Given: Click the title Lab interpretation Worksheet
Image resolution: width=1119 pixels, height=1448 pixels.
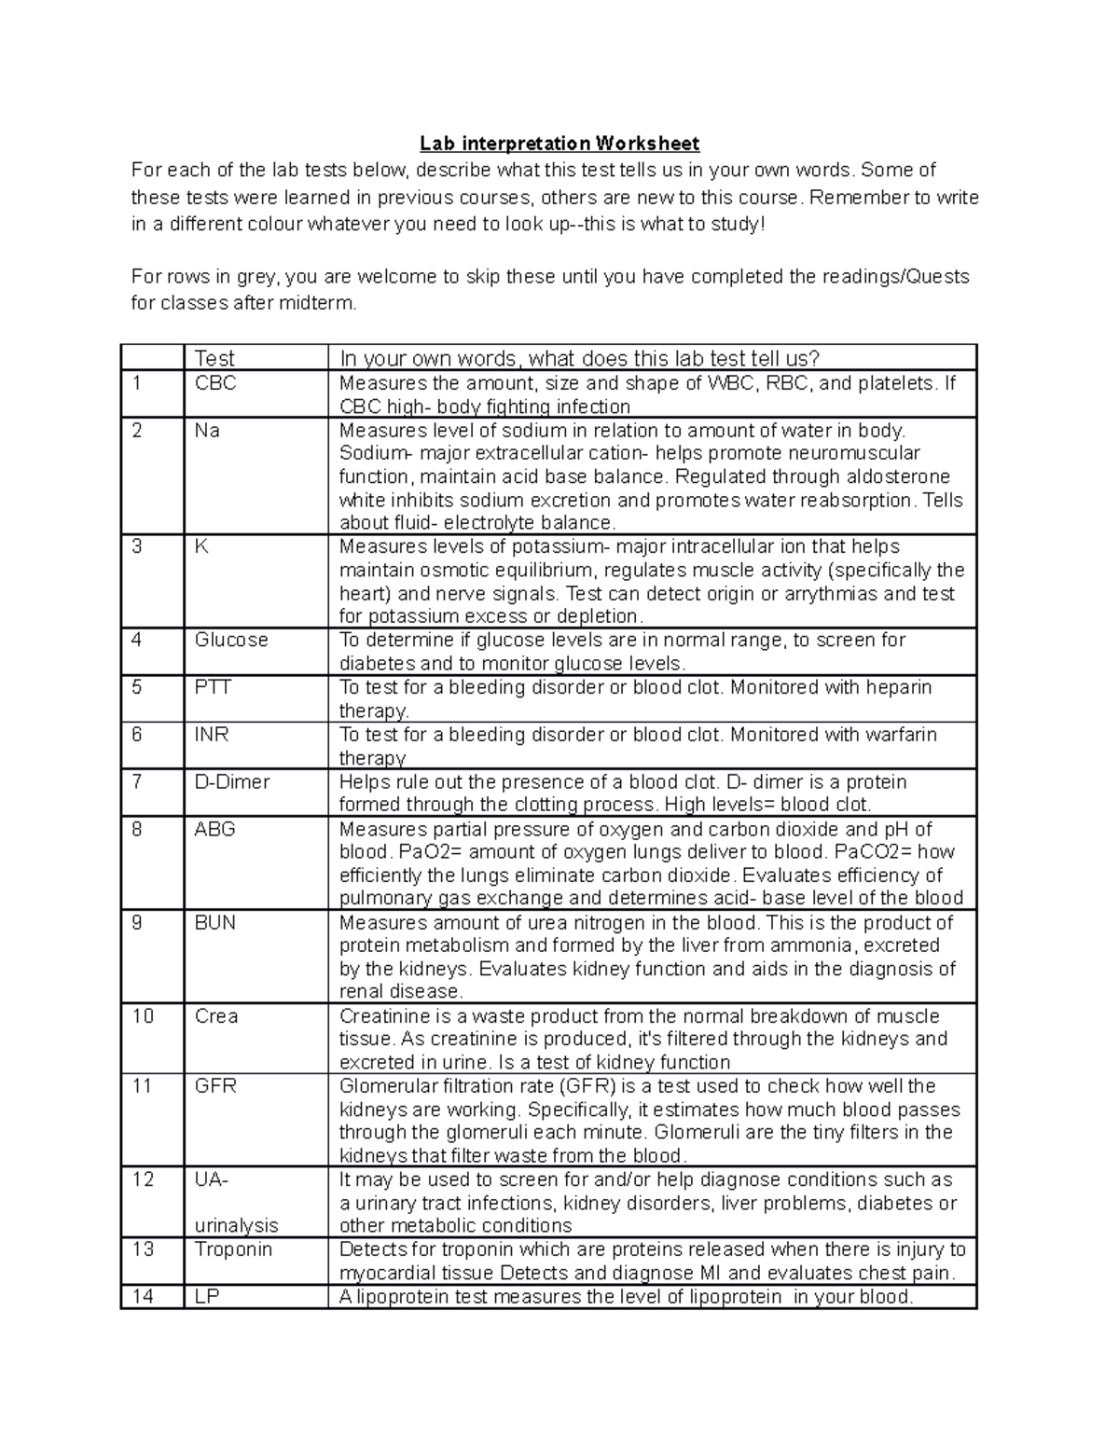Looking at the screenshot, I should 559,144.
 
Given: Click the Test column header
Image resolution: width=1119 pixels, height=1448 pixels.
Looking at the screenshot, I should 214,358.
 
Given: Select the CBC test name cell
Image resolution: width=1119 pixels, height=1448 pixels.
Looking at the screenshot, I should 214,383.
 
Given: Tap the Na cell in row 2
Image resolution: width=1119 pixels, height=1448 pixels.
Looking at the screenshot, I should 207,431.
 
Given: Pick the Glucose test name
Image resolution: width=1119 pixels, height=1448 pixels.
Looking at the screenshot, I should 231,641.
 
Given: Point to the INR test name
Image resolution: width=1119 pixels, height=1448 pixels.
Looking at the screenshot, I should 212,735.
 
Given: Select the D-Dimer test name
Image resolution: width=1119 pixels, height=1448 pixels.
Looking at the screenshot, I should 231,782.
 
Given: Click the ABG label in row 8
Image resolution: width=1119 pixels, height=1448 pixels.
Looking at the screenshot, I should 214,829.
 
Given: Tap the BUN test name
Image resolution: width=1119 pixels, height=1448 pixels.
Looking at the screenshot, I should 214,923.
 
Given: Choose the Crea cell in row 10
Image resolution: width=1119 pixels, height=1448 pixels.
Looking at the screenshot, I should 216,1016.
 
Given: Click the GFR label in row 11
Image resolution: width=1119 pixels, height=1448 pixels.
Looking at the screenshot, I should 215,1086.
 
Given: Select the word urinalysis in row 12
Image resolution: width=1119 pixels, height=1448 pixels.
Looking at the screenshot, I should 236,1226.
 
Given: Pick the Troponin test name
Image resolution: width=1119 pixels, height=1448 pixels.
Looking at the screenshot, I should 233,1249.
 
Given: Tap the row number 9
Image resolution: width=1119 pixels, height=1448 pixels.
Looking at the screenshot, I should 137,923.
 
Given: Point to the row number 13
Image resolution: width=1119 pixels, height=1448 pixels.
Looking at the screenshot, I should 143,1249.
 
